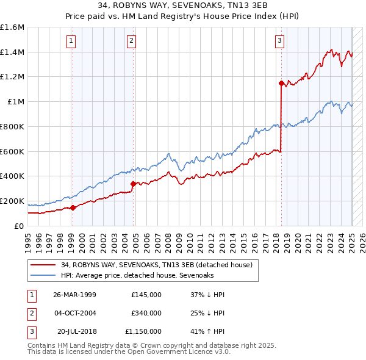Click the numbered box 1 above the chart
coord(71,41)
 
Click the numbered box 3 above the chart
coord(279,41)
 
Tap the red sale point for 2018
coord(281,83)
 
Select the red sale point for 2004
coord(133,183)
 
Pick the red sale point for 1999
coord(73,207)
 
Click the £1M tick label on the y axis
coord(15,102)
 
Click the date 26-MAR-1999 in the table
coord(75,295)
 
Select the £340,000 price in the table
coord(146,313)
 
